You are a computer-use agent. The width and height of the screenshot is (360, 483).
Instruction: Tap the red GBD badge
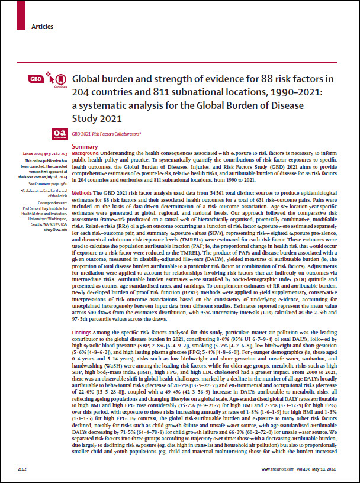pos(35,79)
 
